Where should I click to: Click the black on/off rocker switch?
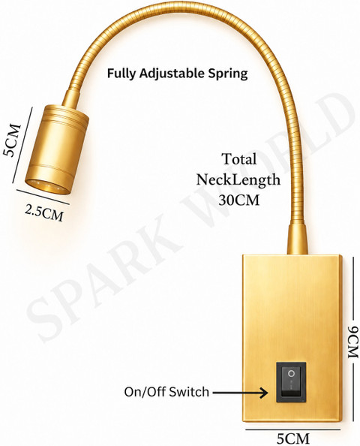point(291,382)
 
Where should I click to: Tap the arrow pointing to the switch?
point(240,393)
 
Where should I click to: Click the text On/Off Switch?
point(166,392)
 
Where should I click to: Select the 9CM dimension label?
point(353,342)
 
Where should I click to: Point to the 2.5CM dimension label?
point(44,213)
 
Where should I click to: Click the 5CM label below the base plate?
point(293,438)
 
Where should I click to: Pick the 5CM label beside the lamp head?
point(12,140)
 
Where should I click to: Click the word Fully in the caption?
point(121,74)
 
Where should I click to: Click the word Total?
point(239,158)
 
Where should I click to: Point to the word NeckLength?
point(238,179)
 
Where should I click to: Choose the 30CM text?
point(239,200)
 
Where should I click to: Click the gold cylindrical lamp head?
point(57,149)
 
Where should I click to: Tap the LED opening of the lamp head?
point(47,187)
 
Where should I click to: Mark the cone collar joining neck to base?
point(298,239)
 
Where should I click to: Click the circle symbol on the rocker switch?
point(291,373)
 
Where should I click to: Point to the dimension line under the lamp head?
point(43,197)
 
